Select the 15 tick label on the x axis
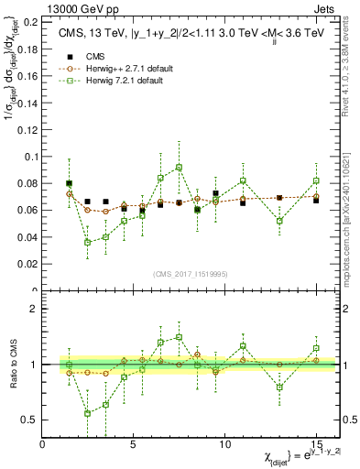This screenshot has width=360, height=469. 316,444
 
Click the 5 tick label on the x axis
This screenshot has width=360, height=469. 134,444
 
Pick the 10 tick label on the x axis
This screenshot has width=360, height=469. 224,444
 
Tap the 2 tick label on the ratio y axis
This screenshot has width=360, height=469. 33,309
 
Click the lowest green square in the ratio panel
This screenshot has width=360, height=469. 88,413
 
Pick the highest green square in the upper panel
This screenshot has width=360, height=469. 179,168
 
